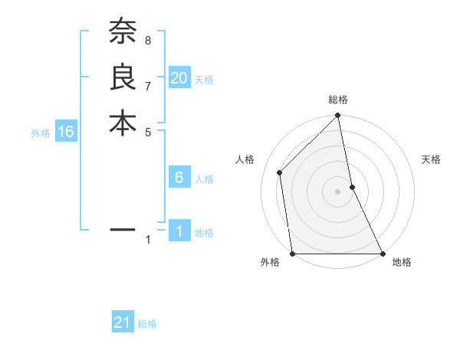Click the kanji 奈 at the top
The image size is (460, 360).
tap(123, 32)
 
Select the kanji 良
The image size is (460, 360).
tap(123, 77)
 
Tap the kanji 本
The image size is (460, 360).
tap(123, 123)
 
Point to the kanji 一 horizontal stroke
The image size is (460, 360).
tap(123, 229)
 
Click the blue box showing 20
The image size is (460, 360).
tap(179, 77)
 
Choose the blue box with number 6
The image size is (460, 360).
tap(179, 178)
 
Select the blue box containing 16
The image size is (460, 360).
tap(66, 132)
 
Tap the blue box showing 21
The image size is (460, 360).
tap(123, 322)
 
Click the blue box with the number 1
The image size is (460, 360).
tap(179, 231)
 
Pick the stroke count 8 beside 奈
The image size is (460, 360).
tap(147, 40)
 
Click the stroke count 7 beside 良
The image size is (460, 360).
tap(147, 85)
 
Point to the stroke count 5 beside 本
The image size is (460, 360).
tap(147, 131)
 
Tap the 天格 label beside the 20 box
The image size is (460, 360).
tap(204, 79)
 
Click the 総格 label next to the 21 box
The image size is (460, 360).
tap(147, 324)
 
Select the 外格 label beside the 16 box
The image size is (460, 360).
tap(41, 133)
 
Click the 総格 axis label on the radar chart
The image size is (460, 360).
tap(338, 100)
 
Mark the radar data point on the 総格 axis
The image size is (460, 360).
tap(338, 116)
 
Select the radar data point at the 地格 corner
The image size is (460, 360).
tap(383, 254)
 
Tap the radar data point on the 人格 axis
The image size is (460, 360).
tap(280, 172)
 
